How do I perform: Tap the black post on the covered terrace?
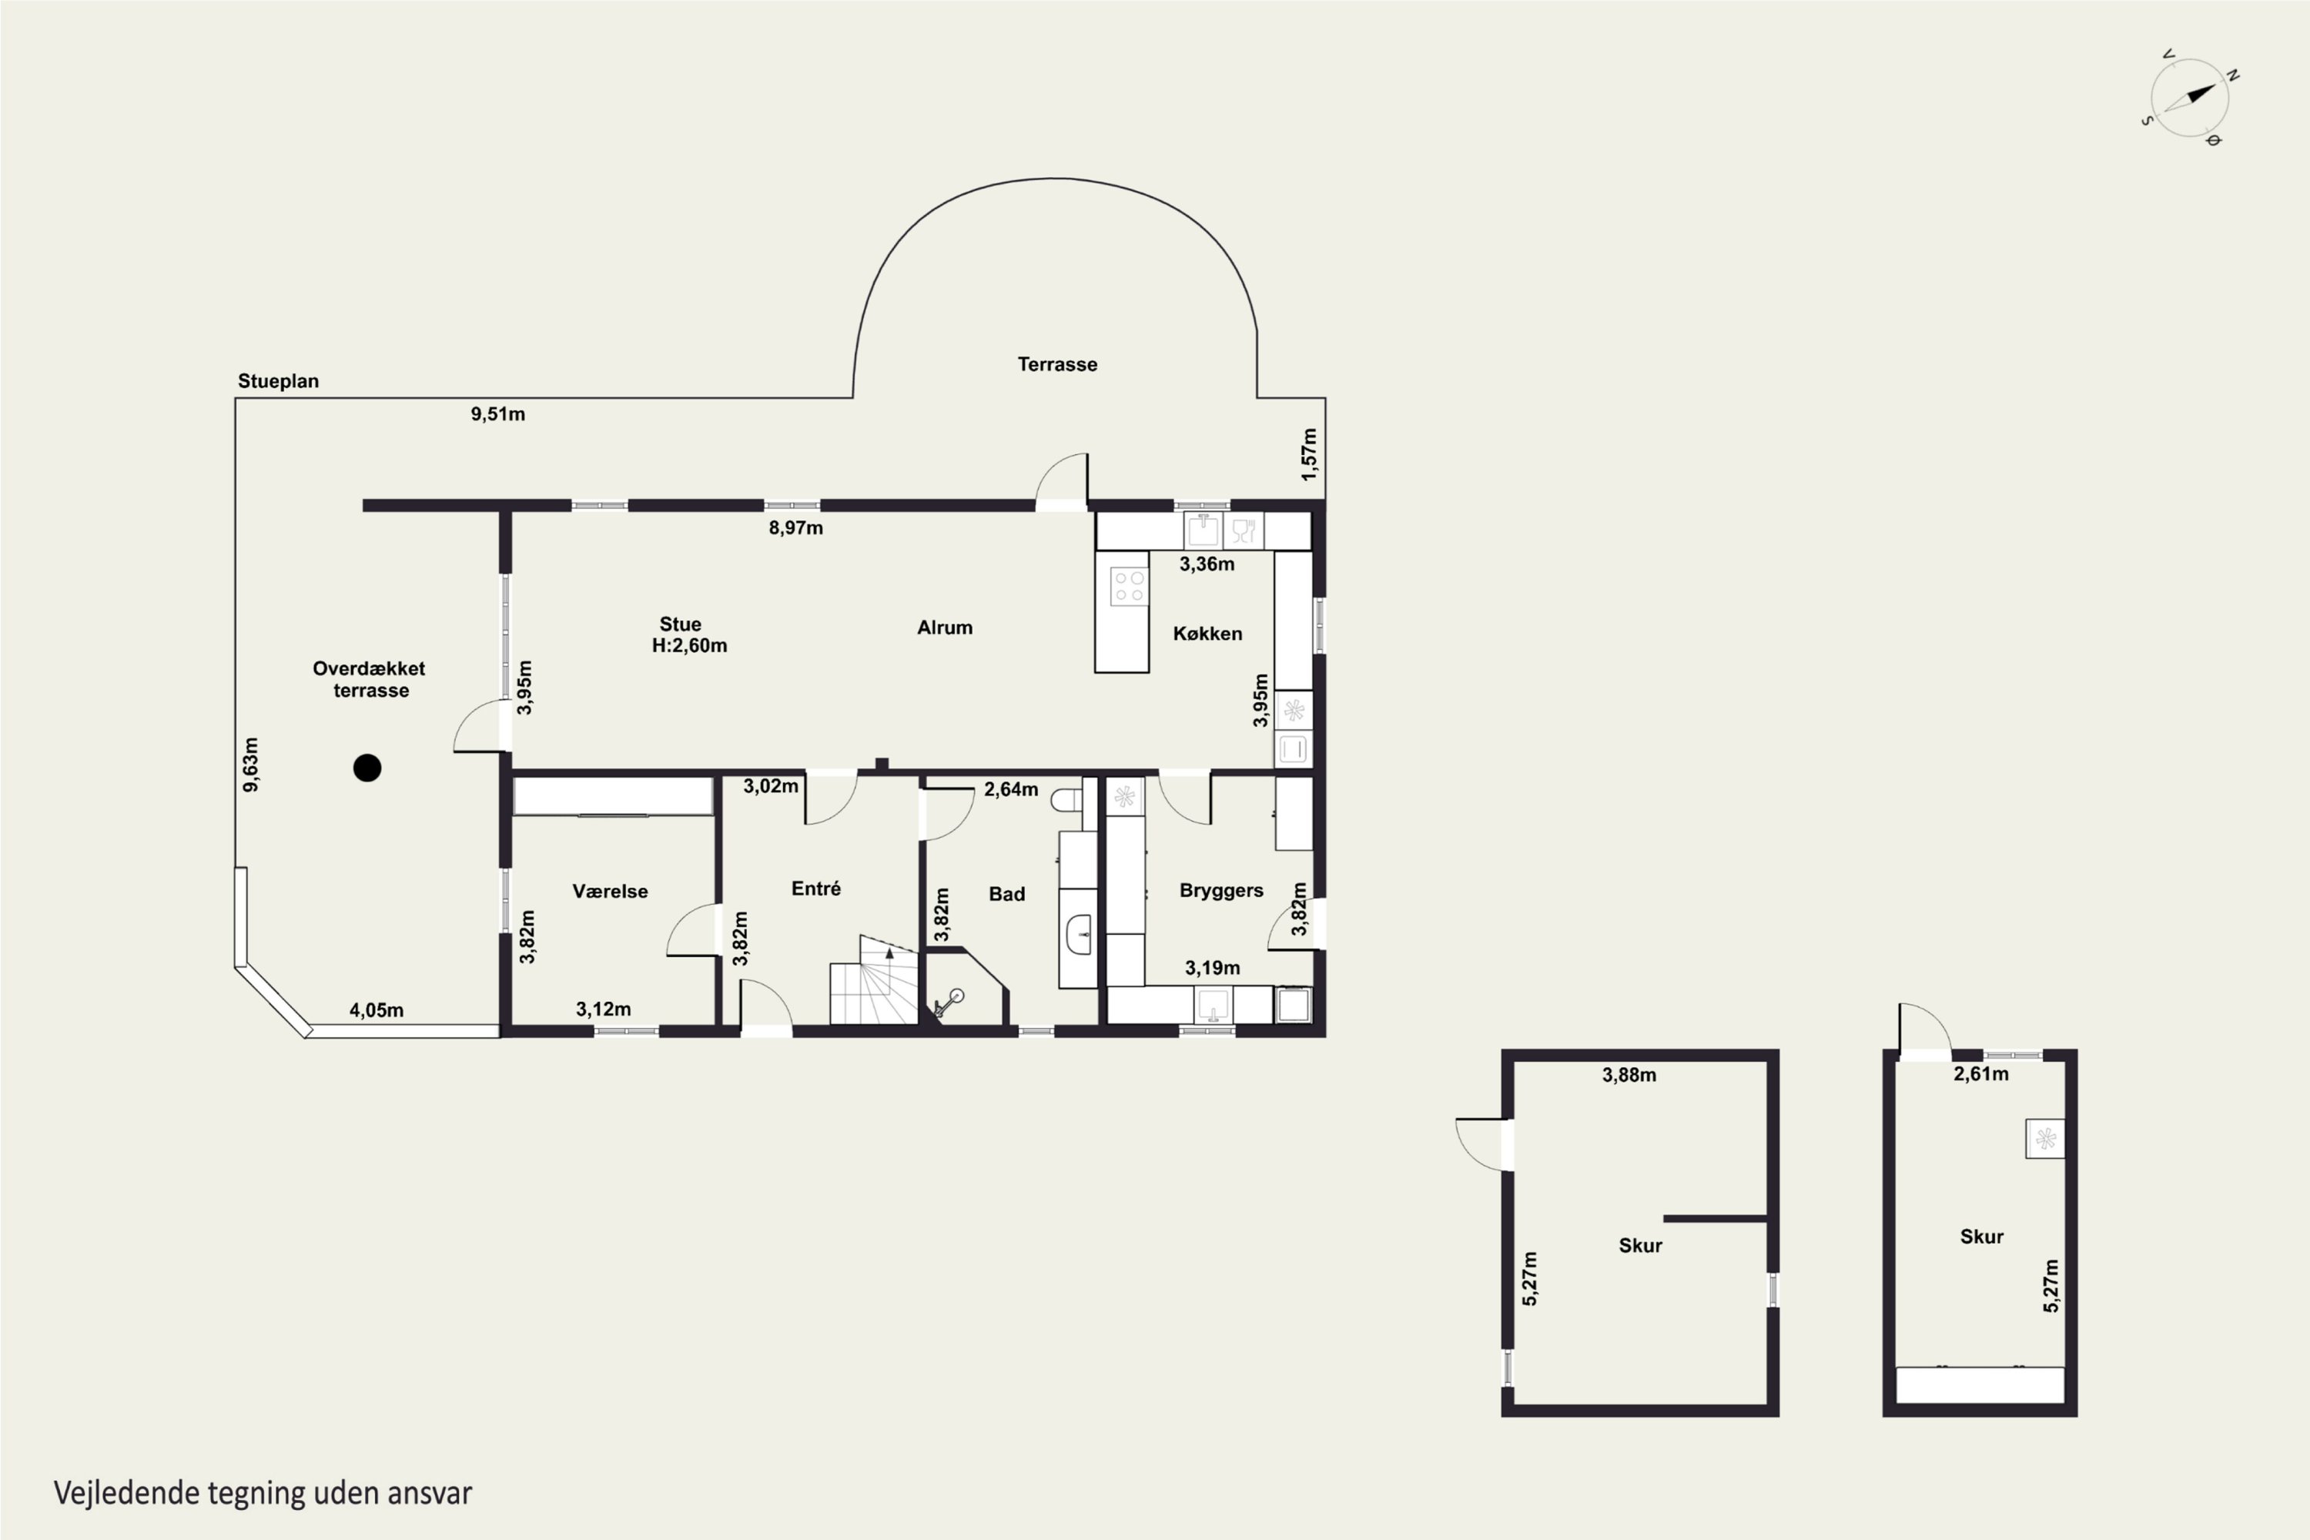pos(367,768)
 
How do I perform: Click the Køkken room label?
pos(1207,634)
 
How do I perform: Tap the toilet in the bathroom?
pos(1066,801)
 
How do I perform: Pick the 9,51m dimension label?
pos(498,414)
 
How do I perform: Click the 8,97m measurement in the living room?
pos(795,528)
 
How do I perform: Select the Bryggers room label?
pos(1220,891)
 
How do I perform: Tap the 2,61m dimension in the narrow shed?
pos(1981,1074)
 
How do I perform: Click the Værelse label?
pos(610,892)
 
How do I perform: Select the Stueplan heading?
pos(278,381)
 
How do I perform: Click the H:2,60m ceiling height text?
pos(689,645)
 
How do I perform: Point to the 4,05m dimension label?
pos(377,1010)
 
